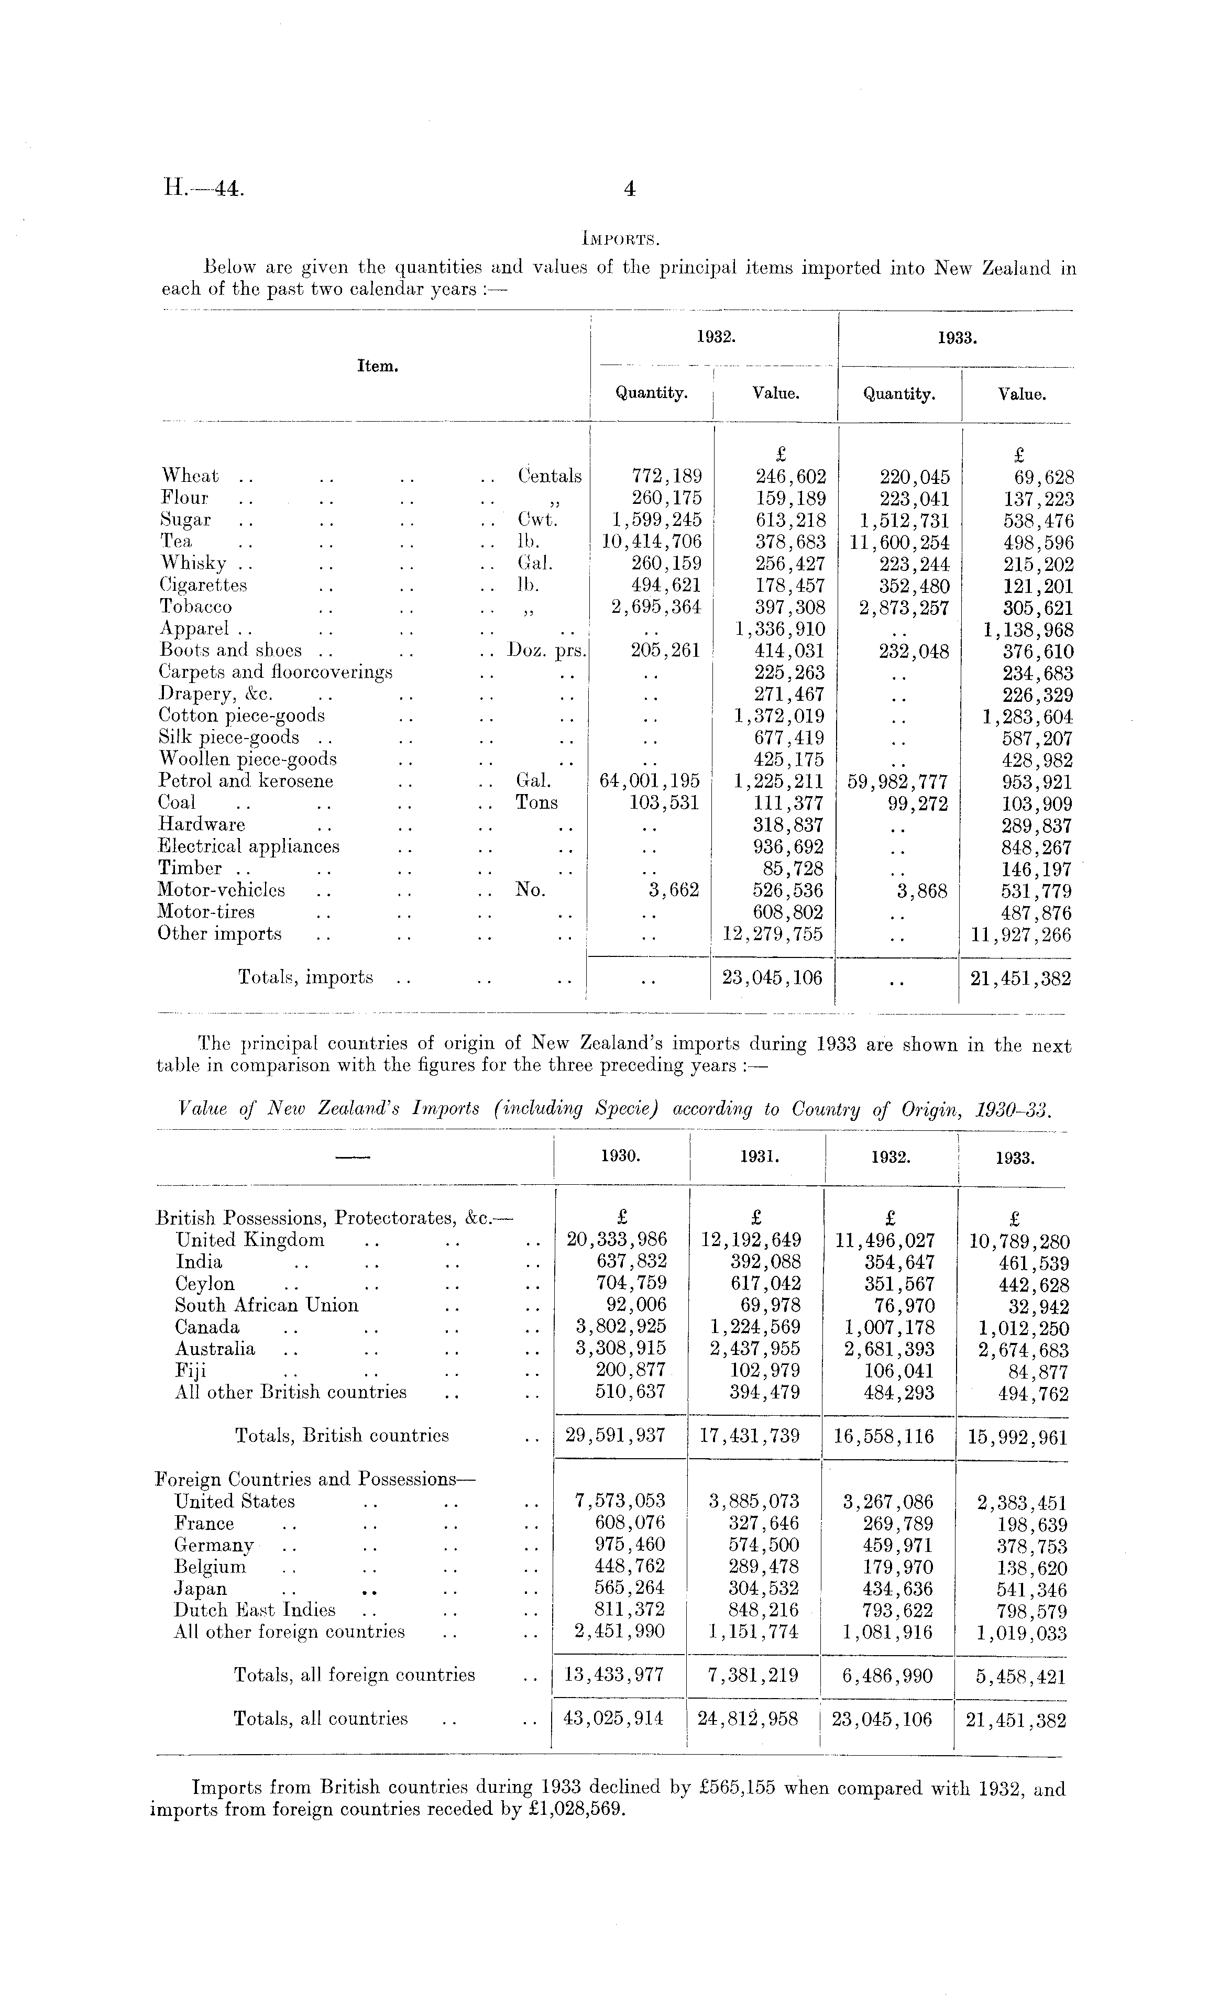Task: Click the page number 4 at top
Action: (x=629, y=189)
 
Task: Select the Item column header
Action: (x=378, y=366)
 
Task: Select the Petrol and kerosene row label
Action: (x=246, y=781)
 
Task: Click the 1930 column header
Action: (x=620, y=1156)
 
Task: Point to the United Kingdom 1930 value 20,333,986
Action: (x=616, y=1240)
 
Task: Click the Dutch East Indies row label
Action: (x=255, y=1610)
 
